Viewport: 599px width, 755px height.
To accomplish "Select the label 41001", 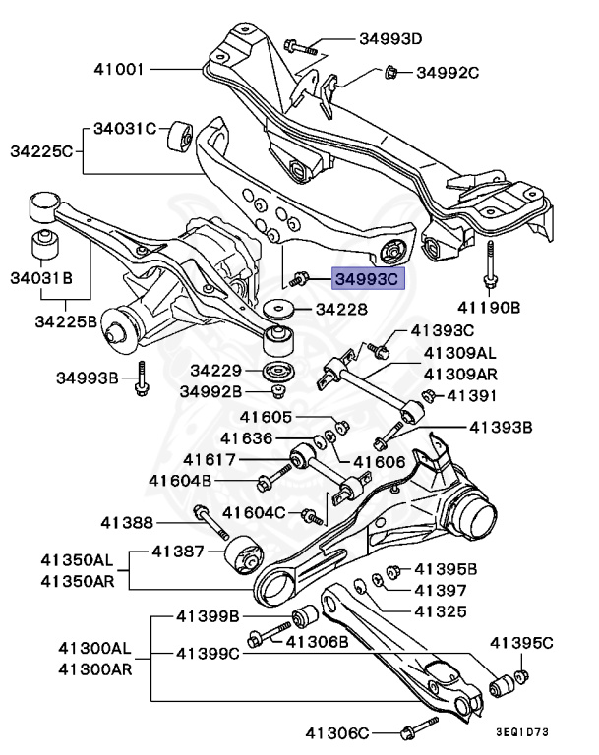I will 120,70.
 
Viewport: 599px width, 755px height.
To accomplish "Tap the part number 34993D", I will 389,39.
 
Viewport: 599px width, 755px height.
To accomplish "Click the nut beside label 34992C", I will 389,71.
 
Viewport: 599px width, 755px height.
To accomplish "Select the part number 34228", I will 341,309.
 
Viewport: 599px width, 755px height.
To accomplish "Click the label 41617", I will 210,459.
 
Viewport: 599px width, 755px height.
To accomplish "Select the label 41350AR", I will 77,580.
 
